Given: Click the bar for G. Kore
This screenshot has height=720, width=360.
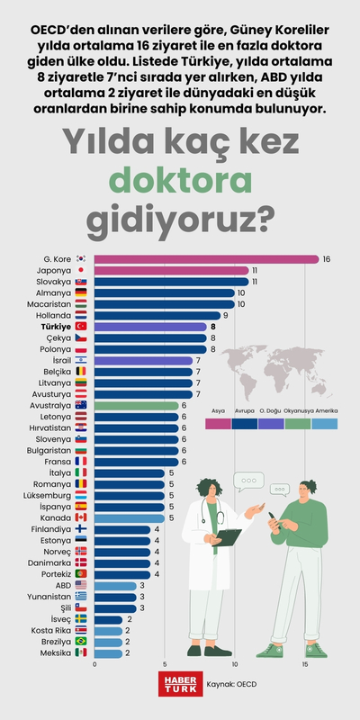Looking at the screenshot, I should (x=206, y=259).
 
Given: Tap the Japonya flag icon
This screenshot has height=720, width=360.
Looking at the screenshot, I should (x=81, y=270).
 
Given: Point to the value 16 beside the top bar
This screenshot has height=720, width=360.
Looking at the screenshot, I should (x=327, y=259).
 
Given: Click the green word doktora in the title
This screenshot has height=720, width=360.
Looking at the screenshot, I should (x=180, y=179).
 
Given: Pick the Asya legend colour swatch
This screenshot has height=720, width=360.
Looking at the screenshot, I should (x=218, y=422).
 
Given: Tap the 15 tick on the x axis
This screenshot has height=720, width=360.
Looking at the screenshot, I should (x=305, y=664).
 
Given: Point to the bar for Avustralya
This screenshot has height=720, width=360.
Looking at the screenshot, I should (x=136, y=405).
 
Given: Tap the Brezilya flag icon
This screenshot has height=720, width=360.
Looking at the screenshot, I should (x=81, y=641).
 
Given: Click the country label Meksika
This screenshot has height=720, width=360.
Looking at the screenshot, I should (x=56, y=652).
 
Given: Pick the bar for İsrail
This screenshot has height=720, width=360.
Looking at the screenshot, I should (x=143, y=360).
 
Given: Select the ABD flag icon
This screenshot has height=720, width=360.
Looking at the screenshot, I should (x=81, y=585).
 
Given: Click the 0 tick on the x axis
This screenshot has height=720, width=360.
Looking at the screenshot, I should (x=94, y=664).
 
